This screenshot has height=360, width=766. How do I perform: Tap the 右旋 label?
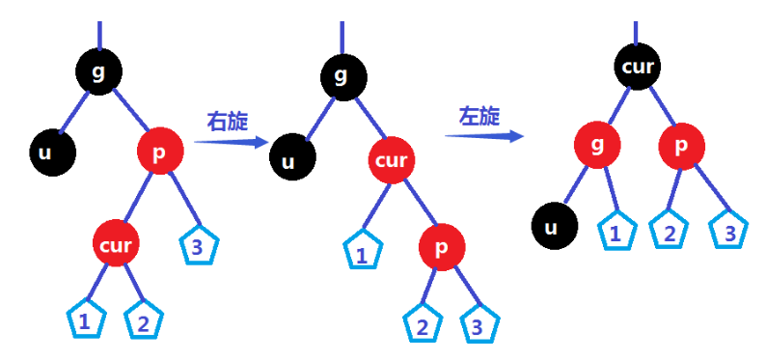click(x=228, y=122)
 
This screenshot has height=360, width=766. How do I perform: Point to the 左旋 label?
click(x=479, y=117)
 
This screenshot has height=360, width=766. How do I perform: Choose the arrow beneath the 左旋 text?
click(x=484, y=135)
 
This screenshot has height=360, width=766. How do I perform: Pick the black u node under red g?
click(x=553, y=228)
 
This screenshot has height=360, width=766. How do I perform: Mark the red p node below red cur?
click(x=442, y=247)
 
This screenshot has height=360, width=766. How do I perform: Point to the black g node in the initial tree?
click(x=98, y=71)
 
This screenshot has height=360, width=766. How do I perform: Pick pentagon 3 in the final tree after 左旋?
click(x=728, y=231)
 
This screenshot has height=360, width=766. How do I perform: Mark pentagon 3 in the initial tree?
click(x=197, y=247)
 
